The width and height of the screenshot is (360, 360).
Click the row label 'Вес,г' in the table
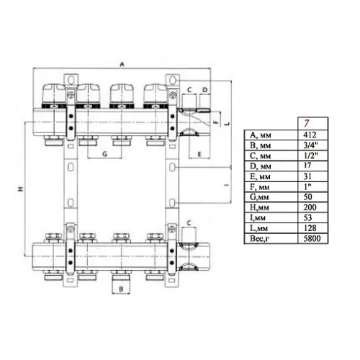(258, 237)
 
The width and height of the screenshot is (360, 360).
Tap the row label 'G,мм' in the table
(258, 196)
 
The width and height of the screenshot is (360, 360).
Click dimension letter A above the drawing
(121, 64)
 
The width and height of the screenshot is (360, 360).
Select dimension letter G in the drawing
(104, 155)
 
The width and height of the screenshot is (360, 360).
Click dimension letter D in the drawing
(204, 89)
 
